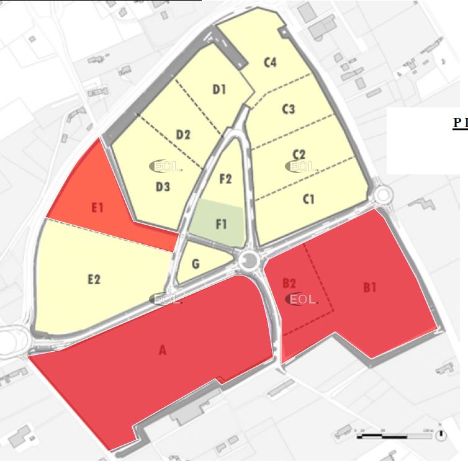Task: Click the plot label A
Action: (163, 351)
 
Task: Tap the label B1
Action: (370, 287)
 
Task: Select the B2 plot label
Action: (289, 284)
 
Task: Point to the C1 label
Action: (308, 199)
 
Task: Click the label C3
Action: (289, 110)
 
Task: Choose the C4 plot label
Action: (270, 62)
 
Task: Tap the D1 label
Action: (219, 89)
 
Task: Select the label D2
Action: (183, 135)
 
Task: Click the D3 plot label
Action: (163, 186)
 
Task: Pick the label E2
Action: (94, 279)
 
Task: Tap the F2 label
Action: (226, 179)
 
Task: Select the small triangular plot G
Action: (196, 265)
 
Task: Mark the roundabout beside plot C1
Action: (382, 195)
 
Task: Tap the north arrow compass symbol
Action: (441, 434)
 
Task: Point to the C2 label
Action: (299, 154)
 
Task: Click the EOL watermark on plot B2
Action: (302, 299)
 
